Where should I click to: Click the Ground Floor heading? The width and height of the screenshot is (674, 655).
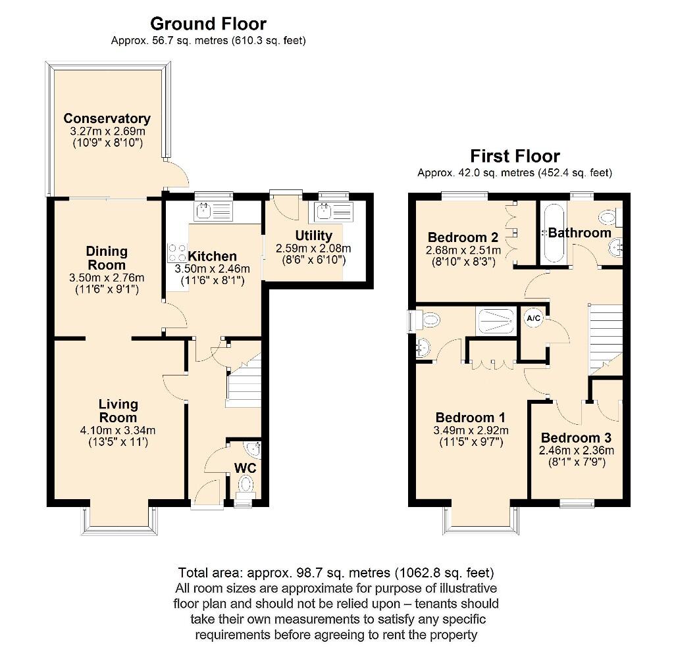pyautogui.click(x=208, y=24)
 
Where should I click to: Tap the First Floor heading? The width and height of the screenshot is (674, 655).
pyautogui.click(x=515, y=156)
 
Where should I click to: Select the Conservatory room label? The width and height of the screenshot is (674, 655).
pyautogui.click(x=107, y=118)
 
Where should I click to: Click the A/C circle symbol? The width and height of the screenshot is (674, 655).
pyautogui.click(x=532, y=318)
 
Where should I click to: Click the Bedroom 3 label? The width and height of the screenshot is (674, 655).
pyautogui.click(x=576, y=437)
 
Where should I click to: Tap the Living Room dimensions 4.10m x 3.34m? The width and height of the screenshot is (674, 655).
pyautogui.click(x=118, y=431)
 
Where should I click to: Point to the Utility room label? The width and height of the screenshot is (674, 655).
pyautogui.click(x=314, y=235)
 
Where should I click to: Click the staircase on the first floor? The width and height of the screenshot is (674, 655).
pyautogui.click(x=605, y=335)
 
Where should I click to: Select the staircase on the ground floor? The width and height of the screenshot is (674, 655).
pyautogui.click(x=244, y=385)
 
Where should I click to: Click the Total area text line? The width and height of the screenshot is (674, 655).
pyautogui.click(x=336, y=572)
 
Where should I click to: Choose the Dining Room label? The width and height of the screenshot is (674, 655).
pyautogui.click(x=107, y=258)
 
